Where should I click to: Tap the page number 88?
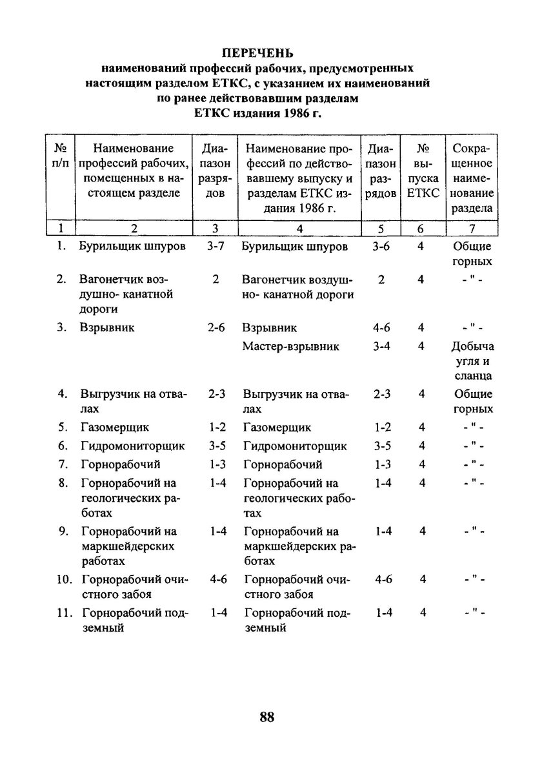click(266, 717)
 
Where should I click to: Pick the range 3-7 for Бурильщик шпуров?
click(216, 247)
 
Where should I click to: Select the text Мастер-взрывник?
click(290, 347)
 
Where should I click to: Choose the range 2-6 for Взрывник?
click(216, 327)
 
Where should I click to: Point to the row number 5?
click(62, 428)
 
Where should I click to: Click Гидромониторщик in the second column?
click(132, 446)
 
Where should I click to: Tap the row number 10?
click(63, 579)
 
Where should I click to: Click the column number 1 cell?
click(60, 228)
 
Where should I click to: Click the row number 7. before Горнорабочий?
click(62, 464)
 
